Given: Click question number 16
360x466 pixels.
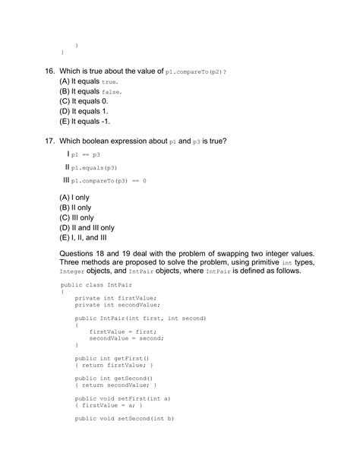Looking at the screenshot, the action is click(49, 70).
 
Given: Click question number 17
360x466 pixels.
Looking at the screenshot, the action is click(49, 141).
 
